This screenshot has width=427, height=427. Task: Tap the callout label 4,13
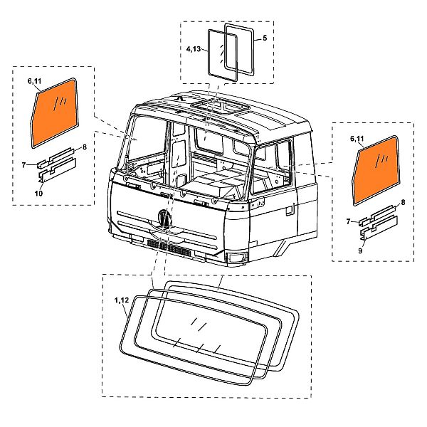pos(195,50)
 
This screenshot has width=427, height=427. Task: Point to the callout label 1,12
pos(120,302)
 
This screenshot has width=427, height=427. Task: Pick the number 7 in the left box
pos(23,165)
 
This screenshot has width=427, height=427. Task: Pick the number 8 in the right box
pos(403,203)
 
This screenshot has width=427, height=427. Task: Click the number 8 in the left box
pos(84,147)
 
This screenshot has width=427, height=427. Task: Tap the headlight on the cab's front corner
pos(235,256)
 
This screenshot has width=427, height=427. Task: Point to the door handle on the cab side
pos(288,211)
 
